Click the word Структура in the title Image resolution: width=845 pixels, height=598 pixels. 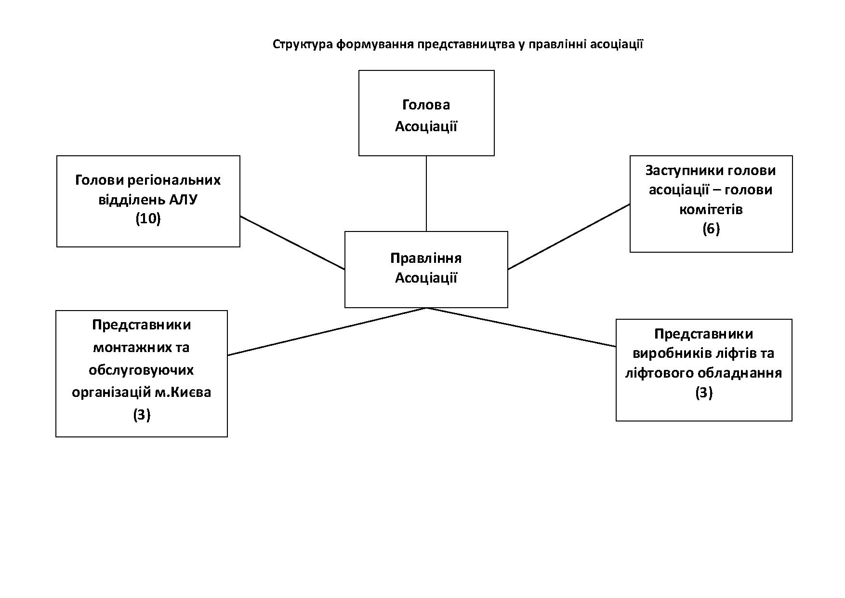303,45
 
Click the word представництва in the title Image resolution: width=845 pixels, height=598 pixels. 467,45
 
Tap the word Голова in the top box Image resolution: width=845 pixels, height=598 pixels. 426,105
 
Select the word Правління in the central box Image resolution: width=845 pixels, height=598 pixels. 426,258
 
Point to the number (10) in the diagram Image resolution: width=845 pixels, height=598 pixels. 148,219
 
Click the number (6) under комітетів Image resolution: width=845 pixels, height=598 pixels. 711,229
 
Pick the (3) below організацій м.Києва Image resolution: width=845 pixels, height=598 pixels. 142,415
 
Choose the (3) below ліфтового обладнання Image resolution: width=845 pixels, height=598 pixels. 704,393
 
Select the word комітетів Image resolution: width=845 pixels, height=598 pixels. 711,209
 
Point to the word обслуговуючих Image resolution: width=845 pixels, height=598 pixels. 142,370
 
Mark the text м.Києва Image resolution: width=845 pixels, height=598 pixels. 183,392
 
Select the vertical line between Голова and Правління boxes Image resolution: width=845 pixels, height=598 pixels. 426,193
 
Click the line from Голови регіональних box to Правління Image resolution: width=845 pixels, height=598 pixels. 292,243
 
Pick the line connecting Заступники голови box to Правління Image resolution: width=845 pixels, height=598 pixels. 569,236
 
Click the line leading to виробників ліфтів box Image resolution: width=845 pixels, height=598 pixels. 521,327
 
